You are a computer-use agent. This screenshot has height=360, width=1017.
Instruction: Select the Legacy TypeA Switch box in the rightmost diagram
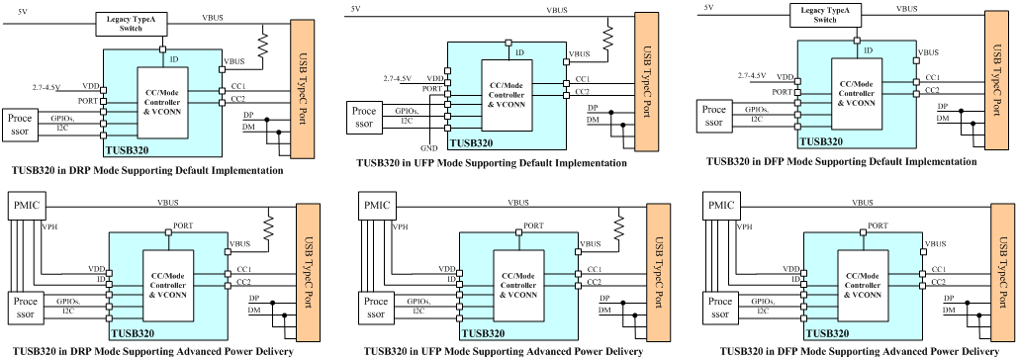pyautogui.click(x=825, y=16)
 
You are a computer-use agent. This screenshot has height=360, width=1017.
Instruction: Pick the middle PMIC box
pyautogui.click(x=377, y=206)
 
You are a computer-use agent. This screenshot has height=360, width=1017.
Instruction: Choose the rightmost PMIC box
pyautogui.click(x=720, y=206)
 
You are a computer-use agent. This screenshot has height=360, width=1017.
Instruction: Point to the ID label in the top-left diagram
pyautogui.click(x=174, y=60)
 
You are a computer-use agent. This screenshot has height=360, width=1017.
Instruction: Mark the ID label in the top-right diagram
pyautogui.click(x=869, y=50)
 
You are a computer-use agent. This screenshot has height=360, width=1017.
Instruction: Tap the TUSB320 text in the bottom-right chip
pyautogui.click(x=831, y=333)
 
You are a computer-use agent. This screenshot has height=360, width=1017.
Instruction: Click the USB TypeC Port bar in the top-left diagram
pyautogui.click(x=302, y=89)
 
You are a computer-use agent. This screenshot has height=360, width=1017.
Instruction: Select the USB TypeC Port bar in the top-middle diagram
pyautogui.click(x=647, y=82)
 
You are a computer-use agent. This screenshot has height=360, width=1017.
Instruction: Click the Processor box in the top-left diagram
pyautogui.click(x=21, y=125)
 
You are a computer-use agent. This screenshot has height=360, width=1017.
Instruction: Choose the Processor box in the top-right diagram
pyautogui.click(x=714, y=116)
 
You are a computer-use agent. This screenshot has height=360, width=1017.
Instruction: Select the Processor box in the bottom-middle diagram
pyautogui.click(x=376, y=308)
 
